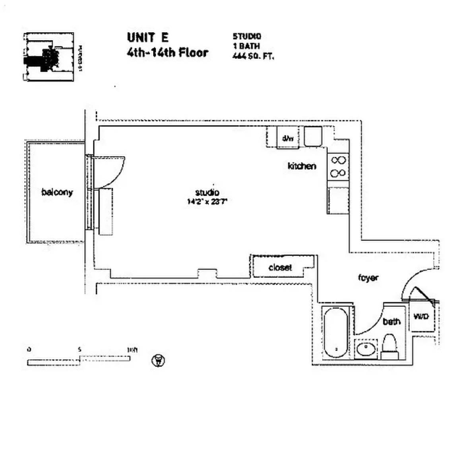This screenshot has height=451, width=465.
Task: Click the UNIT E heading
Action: (148, 37)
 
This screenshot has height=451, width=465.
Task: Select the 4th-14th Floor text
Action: (167, 52)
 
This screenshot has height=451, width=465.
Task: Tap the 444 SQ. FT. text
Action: (253, 56)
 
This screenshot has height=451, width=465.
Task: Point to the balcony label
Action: (57, 193)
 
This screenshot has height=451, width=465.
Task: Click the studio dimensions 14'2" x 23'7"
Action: (207, 201)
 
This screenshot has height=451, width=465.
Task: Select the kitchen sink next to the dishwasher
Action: (313, 136)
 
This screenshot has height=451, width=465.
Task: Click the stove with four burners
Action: (338, 167)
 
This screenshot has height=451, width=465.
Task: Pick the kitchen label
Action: (302, 166)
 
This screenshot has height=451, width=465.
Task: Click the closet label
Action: (280, 268)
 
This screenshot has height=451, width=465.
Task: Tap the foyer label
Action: (368, 278)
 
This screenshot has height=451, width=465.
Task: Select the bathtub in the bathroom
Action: (336, 333)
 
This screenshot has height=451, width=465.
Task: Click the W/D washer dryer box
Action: (421, 317)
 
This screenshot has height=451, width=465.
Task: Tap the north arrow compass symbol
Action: (159, 360)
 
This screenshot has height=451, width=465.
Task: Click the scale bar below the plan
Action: (79, 360)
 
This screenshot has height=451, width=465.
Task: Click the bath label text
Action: (391, 321)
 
